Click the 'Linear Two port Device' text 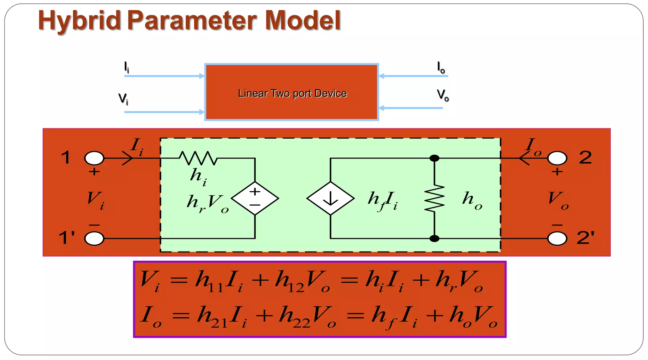pos(292,94)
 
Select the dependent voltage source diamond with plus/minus pos(255,199)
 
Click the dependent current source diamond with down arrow pos(330,199)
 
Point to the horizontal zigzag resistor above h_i pos(198,158)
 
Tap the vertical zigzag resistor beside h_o pos(434,198)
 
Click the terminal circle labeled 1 pos(94,158)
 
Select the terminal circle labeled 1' pos(94,239)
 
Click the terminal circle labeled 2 pos(557,158)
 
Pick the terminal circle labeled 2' pos(557,239)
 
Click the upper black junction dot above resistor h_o pos(434,158)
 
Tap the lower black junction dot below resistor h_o pos(434,239)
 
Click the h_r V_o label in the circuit pos(207,202)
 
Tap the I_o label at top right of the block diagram pos(441,67)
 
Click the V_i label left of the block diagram pos(123,99)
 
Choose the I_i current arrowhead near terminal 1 pos(128,158)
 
